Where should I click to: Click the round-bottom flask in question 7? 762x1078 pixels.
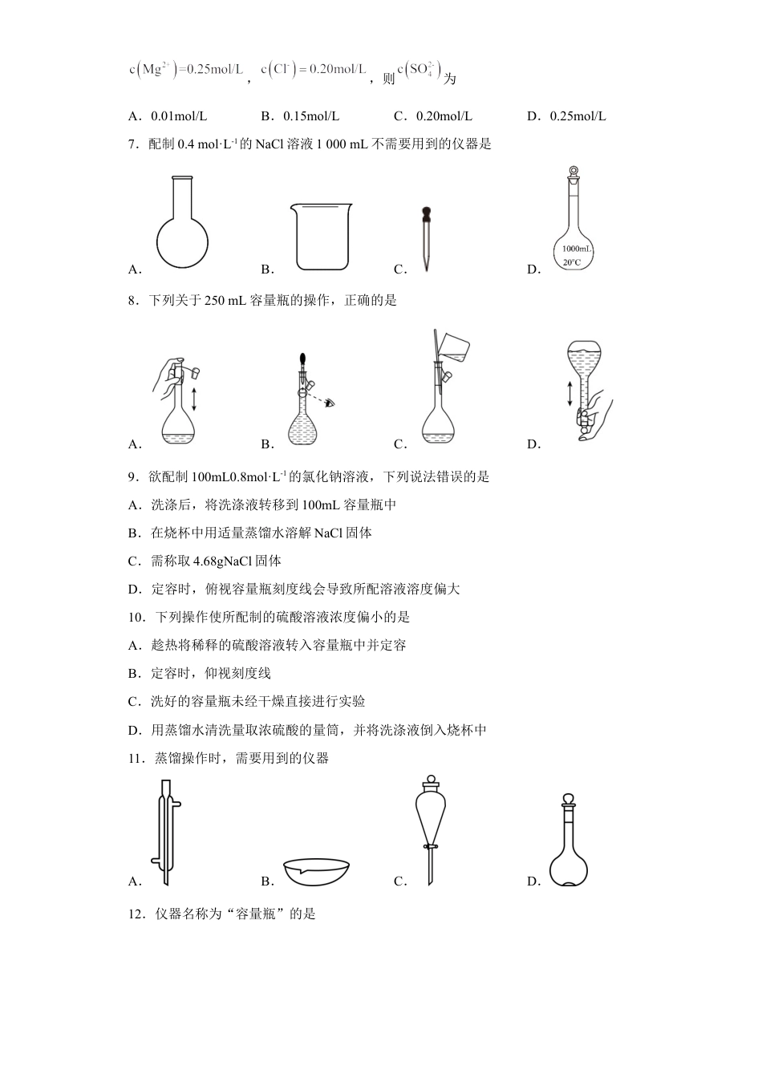(182, 229)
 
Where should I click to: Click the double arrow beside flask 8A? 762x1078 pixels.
(193, 399)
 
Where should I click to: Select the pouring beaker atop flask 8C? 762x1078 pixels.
(452, 346)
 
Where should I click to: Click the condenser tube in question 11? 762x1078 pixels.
(167, 832)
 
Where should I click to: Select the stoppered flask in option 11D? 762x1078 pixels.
(569, 842)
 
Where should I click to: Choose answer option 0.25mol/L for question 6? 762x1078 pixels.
(578, 116)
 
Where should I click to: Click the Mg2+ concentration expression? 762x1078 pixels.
(186, 70)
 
